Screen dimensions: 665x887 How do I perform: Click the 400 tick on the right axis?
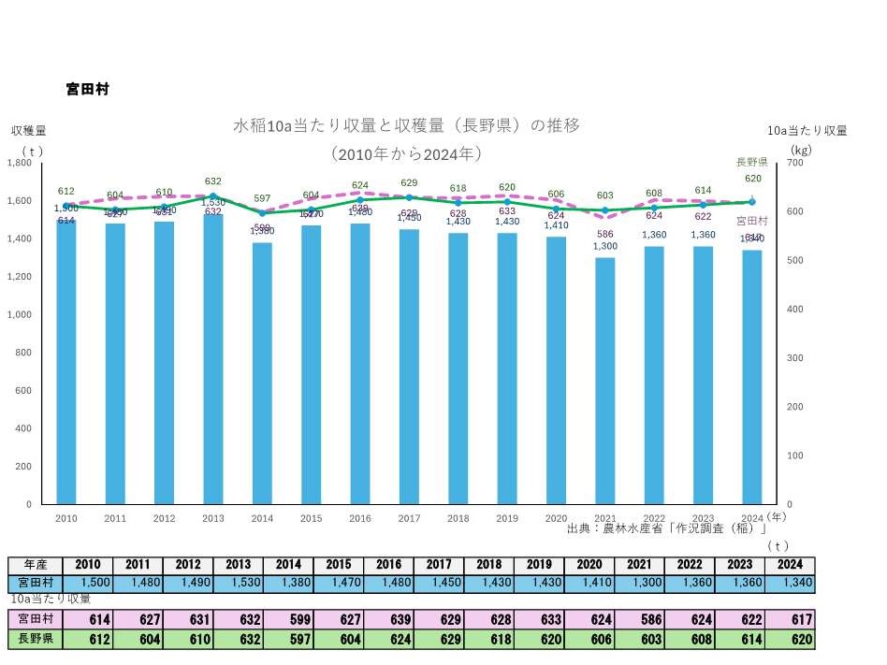click(797, 309)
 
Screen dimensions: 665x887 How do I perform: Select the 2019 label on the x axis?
click(506, 517)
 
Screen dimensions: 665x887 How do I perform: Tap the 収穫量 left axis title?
click(29, 130)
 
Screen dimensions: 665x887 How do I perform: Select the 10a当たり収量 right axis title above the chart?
click(807, 130)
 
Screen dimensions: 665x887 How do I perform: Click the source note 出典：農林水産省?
click(666, 529)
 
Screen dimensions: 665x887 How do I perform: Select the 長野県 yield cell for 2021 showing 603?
click(640, 640)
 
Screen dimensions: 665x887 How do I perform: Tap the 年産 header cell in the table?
click(35, 565)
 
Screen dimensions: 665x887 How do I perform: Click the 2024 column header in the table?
click(791, 565)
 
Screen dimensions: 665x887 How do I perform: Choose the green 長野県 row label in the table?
click(35, 640)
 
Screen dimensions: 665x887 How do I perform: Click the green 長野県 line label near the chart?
click(751, 162)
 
